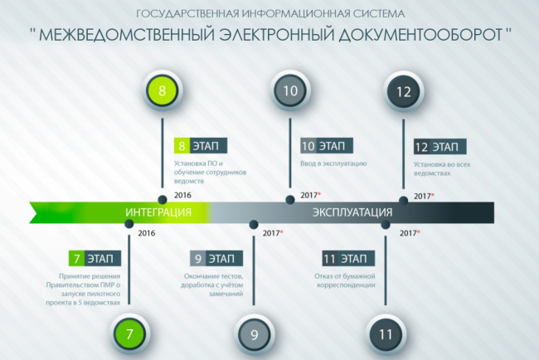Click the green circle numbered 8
point(162,92)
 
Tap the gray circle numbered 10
point(289,92)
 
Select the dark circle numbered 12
point(404,92)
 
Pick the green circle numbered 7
point(129,335)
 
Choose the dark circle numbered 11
point(385,335)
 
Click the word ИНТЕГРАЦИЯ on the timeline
point(158,213)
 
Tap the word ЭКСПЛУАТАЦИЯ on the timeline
point(352,213)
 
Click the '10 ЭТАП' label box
point(327,146)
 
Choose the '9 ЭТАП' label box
point(212,258)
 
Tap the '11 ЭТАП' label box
point(343,258)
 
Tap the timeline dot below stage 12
point(404,200)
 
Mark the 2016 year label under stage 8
point(184,195)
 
